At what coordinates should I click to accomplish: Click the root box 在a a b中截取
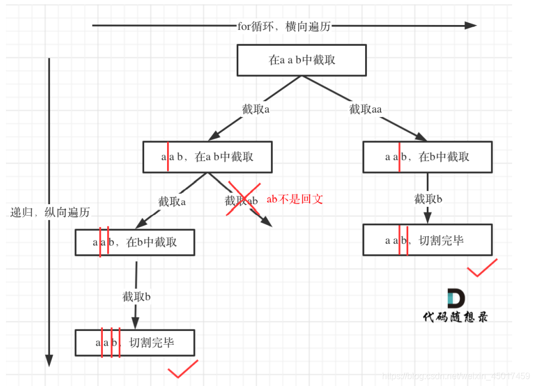[302, 60]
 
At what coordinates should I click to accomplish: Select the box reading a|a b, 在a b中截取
[207, 157]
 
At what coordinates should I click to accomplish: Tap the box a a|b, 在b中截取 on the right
[427, 157]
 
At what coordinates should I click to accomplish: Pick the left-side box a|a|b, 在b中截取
[134, 242]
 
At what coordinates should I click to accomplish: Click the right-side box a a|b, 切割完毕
[427, 240]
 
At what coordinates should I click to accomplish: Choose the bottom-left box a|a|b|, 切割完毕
[134, 343]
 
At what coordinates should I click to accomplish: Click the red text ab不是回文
[294, 199]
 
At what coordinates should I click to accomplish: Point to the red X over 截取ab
[244, 200]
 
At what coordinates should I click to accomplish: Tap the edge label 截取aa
[365, 109]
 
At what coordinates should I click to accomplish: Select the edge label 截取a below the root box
[256, 109]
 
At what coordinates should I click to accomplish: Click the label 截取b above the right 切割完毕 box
[428, 199]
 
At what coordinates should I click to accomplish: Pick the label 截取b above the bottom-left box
[136, 297]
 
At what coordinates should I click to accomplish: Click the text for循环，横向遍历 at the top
[284, 26]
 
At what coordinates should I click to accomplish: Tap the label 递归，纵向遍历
[50, 212]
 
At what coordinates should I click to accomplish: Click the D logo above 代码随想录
[456, 299]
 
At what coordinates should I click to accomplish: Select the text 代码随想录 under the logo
[455, 316]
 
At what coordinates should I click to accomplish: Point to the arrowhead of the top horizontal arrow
[470, 25]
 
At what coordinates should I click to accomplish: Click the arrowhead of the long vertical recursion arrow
[49, 360]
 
